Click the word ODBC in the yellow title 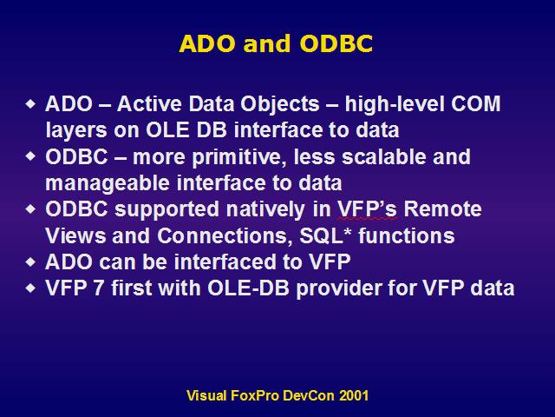click(336, 43)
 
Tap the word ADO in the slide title click(207, 43)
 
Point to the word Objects click(280, 105)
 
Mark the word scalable click(384, 156)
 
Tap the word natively click(265, 210)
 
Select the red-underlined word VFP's click(367, 209)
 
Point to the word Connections click(225, 236)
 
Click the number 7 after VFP click(99, 288)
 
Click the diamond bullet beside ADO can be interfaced click(31, 262)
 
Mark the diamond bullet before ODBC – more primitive click(31, 156)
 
